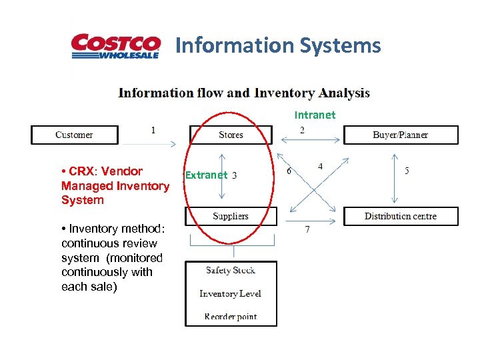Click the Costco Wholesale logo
point(116,47)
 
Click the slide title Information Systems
point(278,45)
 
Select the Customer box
point(74,135)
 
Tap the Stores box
point(231,135)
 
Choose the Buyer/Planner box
point(401,135)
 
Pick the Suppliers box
point(231,216)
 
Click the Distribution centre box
point(401,216)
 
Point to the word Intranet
point(315,115)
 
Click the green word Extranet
point(206,175)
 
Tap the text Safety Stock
point(231,270)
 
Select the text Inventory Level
point(230,293)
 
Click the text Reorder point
point(231,317)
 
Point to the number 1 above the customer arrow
point(153,130)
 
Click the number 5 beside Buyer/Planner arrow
point(407,171)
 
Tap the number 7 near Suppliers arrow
point(307,229)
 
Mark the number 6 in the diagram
point(289,171)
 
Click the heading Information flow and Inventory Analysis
point(244,93)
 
